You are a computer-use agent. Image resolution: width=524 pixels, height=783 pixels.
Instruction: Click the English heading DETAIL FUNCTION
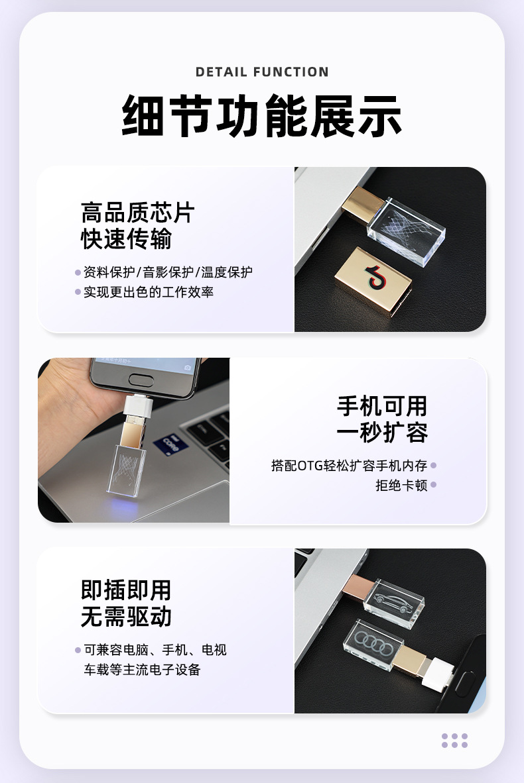coord(262,72)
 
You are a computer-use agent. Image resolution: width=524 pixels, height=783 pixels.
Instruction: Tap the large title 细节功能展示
coord(262,115)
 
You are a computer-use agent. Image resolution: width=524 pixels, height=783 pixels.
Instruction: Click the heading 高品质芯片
coord(137,213)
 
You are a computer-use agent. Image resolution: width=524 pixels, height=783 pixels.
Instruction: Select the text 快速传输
coord(126,238)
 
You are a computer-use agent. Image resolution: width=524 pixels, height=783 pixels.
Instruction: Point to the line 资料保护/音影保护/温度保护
coord(168,272)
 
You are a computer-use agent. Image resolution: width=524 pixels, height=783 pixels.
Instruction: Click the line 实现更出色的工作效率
coord(149,291)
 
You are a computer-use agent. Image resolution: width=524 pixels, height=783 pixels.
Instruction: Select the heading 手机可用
coord(382,406)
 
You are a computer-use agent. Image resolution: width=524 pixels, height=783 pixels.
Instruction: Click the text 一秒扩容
coord(382,432)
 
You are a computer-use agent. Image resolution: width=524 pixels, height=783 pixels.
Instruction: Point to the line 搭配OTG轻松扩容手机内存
coord(349,466)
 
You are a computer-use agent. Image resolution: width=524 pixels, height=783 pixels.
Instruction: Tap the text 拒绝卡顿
coord(401,485)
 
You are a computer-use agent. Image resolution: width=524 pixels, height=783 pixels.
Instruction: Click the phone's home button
coord(141,380)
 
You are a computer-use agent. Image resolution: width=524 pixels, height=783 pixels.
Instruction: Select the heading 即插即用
coord(126,590)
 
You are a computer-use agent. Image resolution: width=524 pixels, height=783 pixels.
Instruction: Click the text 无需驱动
coord(126,616)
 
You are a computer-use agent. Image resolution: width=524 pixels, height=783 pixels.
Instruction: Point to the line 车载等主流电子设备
coord(142,670)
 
